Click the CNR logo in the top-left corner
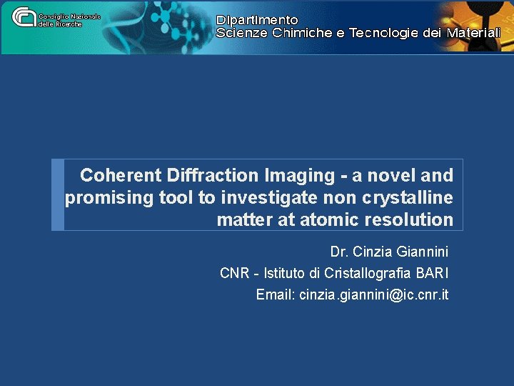click(24, 16)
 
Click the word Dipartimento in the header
click(257, 20)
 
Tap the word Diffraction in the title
click(211, 175)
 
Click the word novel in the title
click(395, 175)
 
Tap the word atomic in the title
click(329, 219)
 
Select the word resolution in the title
click(408, 219)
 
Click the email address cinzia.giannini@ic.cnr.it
click(374, 295)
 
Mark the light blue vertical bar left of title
click(58, 194)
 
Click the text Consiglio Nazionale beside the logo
click(69, 16)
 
